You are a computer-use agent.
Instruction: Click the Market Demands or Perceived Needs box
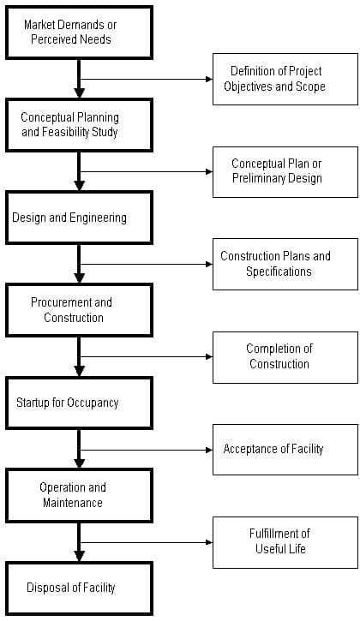point(79,33)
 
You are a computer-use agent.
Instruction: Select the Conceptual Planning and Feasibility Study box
point(79,125)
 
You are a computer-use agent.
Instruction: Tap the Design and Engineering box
point(79,218)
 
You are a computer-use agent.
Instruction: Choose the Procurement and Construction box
point(79,310)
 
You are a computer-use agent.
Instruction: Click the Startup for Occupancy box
point(79,403)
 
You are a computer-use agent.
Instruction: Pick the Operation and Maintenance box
point(79,495)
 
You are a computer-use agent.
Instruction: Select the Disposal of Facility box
point(79,588)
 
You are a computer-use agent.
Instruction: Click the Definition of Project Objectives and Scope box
point(285,79)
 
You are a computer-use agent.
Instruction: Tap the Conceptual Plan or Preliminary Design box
point(285,171)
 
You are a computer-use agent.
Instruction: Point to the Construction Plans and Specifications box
point(285,264)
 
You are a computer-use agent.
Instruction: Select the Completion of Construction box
point(285,356)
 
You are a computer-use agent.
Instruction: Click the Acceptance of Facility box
point(285,449)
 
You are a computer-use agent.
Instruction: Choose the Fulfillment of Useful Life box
point(285,541)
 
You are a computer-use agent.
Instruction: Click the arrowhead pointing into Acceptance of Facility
point(208,449)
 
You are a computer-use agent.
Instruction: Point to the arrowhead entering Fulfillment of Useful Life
point(208,541)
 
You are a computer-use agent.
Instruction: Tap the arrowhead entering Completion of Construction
point(208,356)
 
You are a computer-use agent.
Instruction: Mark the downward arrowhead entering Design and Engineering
point(79,186)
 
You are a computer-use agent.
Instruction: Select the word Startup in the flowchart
point(34,403)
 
